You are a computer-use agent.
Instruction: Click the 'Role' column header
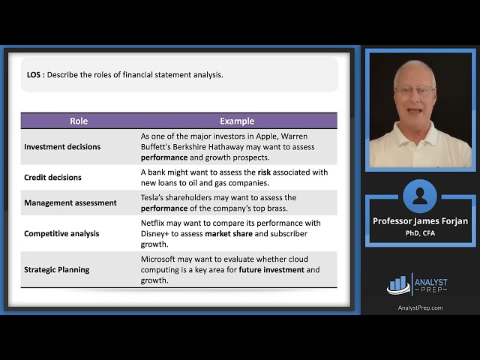[79, 121]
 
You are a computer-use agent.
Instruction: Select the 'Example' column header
[237, 121]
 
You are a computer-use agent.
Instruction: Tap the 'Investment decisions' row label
[62, 147]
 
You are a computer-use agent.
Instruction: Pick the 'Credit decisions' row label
[52, 178]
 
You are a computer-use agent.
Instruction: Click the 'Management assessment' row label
[70, 202]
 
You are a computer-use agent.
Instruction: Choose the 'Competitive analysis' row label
[61, 233]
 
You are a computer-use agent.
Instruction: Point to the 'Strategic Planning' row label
[57, 269]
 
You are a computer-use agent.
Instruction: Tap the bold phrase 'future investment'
[271, 270]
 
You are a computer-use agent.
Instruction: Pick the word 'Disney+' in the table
[157, 233]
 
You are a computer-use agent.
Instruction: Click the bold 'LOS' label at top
[34, 74]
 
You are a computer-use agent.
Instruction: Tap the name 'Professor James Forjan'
[419, 221]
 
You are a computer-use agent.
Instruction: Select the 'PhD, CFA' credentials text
[419, 232]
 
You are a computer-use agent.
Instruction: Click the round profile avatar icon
[419, 196]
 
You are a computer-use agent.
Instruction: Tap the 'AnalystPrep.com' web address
[419, 307]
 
